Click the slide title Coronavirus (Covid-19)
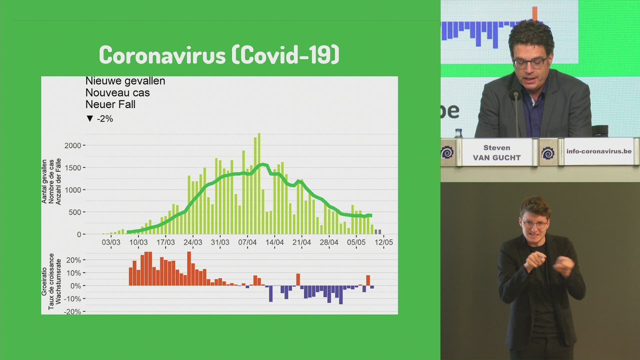click(219, 55)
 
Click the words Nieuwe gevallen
click(125, 81)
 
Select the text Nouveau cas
click(118, 93)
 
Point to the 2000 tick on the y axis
click(73, 146)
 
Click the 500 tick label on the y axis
click(75, 212)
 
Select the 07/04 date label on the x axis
click(247, 242)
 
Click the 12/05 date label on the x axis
click(384, 242)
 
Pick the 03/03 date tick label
click(111, 242)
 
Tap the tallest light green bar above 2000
click(259, 184)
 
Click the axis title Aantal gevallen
click(44, 181)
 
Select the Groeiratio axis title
click(44, 281)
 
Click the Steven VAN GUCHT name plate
click(497, 152)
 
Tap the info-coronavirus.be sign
click(599, 151)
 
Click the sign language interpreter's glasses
click(535, 224)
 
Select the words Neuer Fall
click(110, 105)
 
